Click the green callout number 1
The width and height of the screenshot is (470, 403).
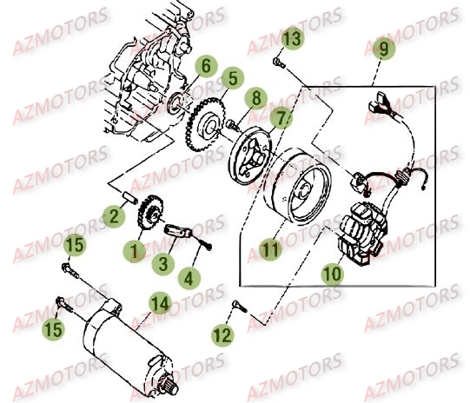135,251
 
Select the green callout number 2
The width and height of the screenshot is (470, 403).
115,215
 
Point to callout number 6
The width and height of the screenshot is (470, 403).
205,66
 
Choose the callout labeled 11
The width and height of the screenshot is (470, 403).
271,252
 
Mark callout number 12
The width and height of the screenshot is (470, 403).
222,333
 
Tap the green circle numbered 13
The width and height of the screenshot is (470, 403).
292,38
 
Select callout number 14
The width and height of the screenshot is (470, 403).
158,302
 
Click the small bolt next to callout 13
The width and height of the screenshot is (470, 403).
277,62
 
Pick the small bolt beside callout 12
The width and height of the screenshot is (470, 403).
241,305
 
